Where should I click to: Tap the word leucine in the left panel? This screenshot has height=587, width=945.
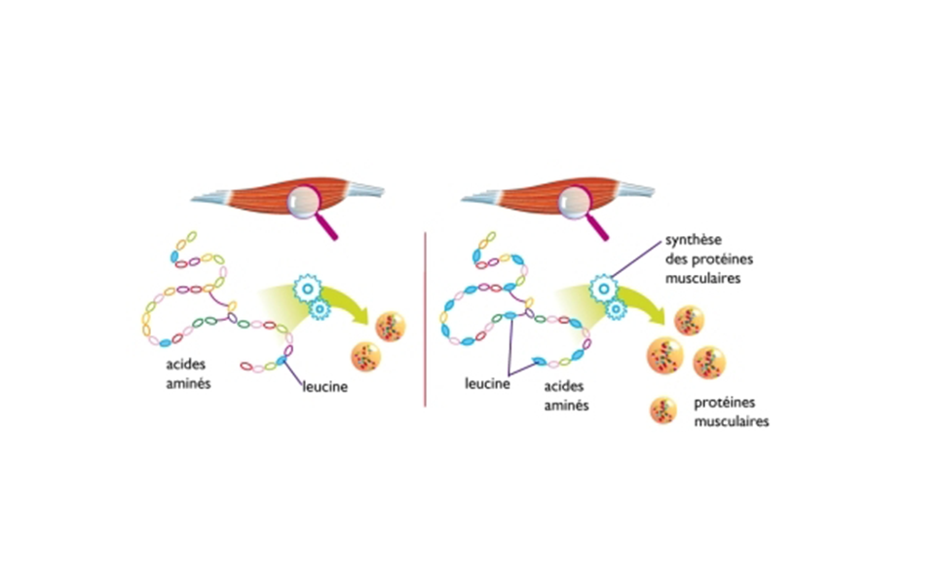click(324, 386)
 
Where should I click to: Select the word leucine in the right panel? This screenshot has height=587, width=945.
click(488, 384)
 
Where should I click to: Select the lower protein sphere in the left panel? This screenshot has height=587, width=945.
click(367, 356)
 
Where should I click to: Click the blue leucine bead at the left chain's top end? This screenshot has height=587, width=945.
click(176, 256)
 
